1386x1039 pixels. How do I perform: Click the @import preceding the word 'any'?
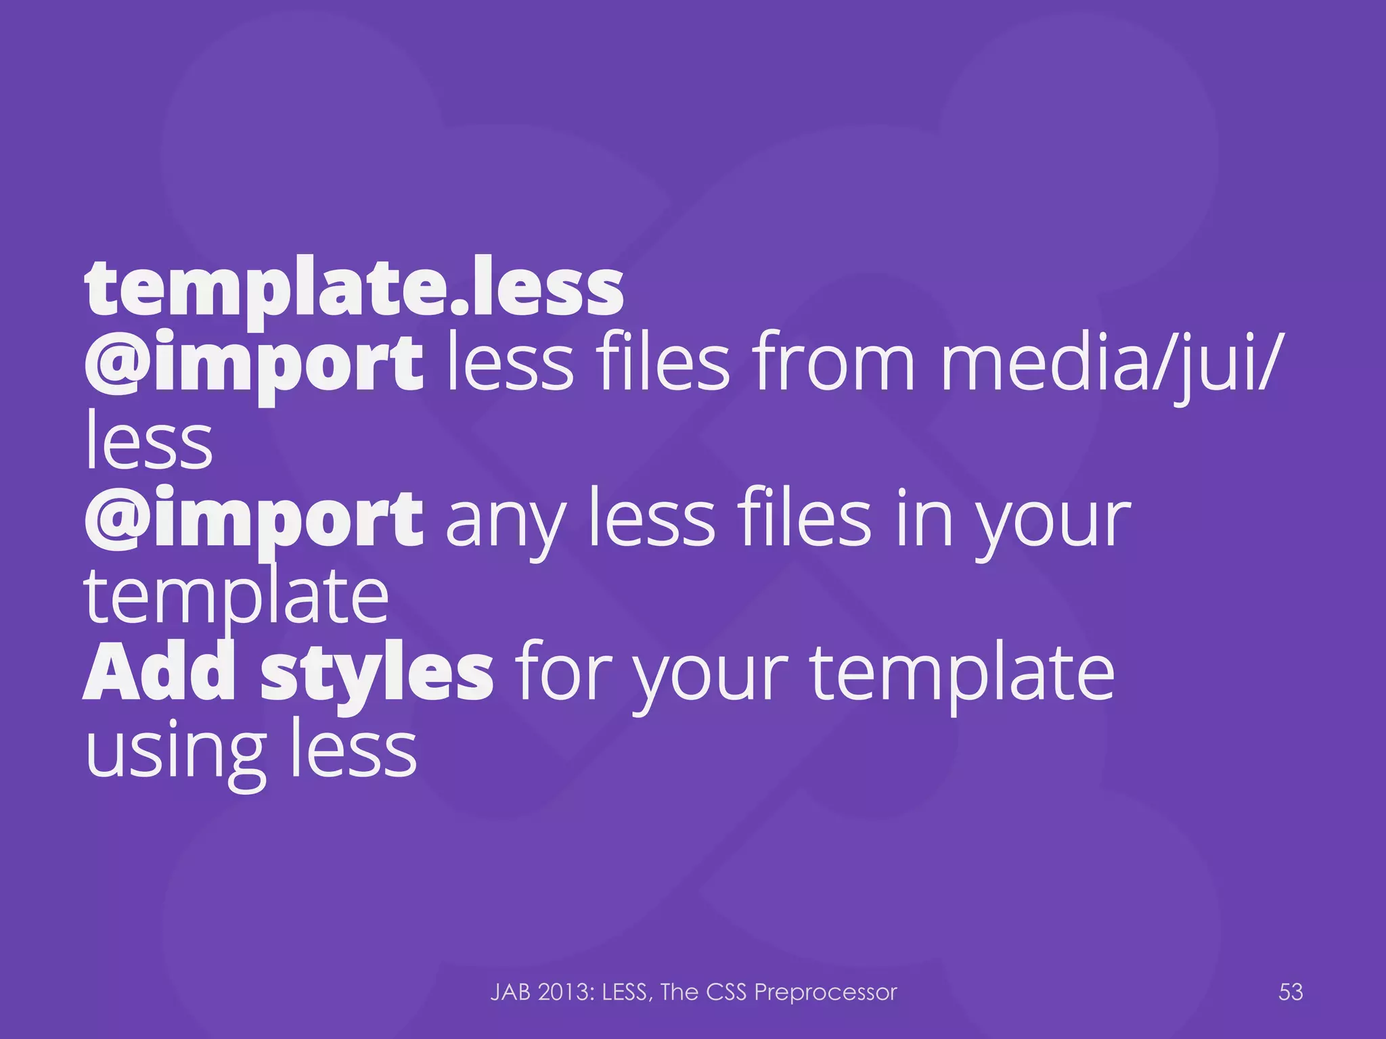[x=254, y=519]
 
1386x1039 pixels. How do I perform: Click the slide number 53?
[x=1291, y=992]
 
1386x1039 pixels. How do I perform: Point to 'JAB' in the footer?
[x=510, y=992]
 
